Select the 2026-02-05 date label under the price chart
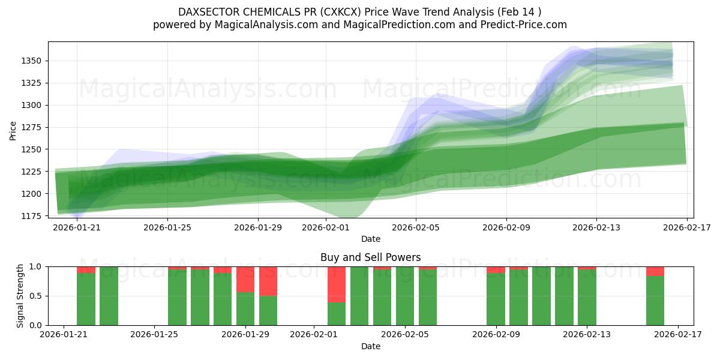tap(416, 228)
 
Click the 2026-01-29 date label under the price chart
tap(257, 228)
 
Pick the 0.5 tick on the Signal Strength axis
tap(35, 296)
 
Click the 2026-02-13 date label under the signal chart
tap(586, 334)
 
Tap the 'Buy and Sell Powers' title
tap(370, 257)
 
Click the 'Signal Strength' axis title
tap(20, 296)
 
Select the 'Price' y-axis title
tap(13, 130)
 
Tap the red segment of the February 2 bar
tap(337, 284)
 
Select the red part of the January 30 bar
tap(268, 281)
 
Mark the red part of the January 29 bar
tap(245, 279)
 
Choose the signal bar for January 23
tap(109, 296)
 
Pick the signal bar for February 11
tap(541, 296)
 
